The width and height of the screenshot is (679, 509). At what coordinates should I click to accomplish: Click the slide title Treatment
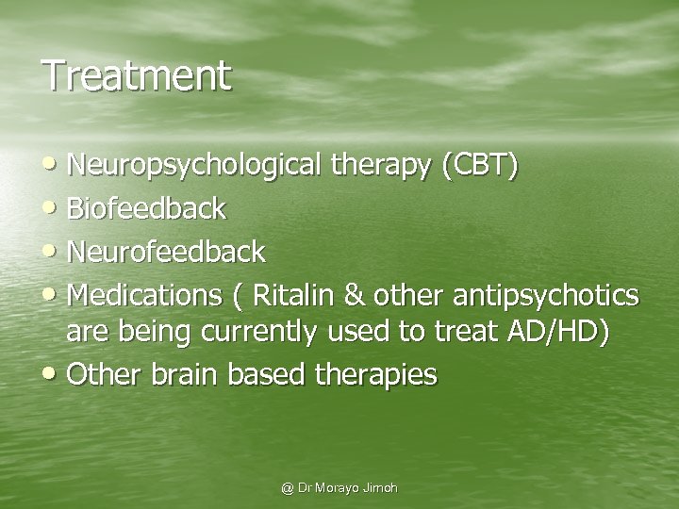(x=136, y=75)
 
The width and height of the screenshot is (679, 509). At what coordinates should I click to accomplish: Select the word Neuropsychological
(x=197, y=167)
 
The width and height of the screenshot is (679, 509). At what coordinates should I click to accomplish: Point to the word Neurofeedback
(x=167, y=252)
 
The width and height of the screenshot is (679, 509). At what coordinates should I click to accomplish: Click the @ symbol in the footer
(x=288, y=488)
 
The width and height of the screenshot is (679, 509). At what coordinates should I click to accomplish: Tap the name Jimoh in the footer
(x=380, y=488)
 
